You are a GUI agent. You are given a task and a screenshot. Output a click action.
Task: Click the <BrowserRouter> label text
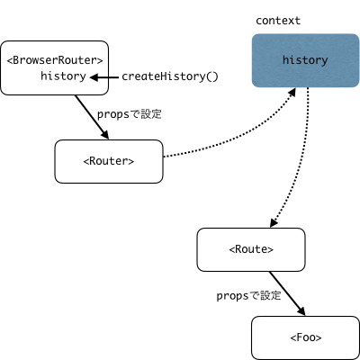pos(55,60)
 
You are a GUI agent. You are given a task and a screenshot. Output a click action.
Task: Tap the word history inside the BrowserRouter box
pos(63,76)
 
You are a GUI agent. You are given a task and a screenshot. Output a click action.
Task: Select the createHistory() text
pos(170,76)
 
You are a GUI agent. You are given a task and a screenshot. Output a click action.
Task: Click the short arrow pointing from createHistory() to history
pos(104,77)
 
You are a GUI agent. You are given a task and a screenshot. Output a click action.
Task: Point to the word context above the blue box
pos(278,21)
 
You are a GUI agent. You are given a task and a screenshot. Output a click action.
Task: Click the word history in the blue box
pos(305,60)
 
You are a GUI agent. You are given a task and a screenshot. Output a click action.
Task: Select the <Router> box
pos(109,161)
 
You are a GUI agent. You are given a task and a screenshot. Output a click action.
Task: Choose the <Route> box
pos(251,249)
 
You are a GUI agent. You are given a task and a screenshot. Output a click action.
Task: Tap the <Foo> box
pos(305,337)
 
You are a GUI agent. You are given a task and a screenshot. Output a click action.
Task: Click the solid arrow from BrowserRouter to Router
pos(92,117)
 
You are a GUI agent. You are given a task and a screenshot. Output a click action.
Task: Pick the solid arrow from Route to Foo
pos(287,293)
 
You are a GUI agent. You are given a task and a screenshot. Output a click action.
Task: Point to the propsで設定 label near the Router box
pos(130,114)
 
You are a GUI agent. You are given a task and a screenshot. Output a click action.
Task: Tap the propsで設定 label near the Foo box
pos(248,296)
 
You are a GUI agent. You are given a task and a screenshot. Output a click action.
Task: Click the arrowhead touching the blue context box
pos(291,93)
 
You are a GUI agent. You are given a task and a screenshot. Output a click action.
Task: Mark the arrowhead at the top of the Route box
pos(274,222)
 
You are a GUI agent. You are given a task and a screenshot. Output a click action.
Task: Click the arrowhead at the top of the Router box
pos(104,134)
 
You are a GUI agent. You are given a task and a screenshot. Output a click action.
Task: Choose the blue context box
pos(305,60)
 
